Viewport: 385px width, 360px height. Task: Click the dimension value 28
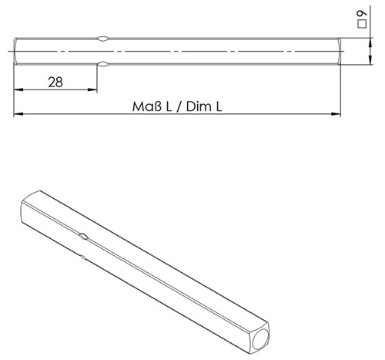point(55,82)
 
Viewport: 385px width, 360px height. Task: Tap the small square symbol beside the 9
point(362,24)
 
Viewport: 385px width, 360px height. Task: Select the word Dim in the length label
point(197,106)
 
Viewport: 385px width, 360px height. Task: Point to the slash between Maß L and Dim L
point(179,107)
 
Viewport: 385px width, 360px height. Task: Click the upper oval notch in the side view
point(103,39)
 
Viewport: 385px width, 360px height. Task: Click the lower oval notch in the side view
point(103,64)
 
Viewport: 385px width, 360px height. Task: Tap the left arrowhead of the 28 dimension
point(18,89)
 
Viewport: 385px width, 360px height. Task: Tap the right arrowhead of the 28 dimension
point(92,89)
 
